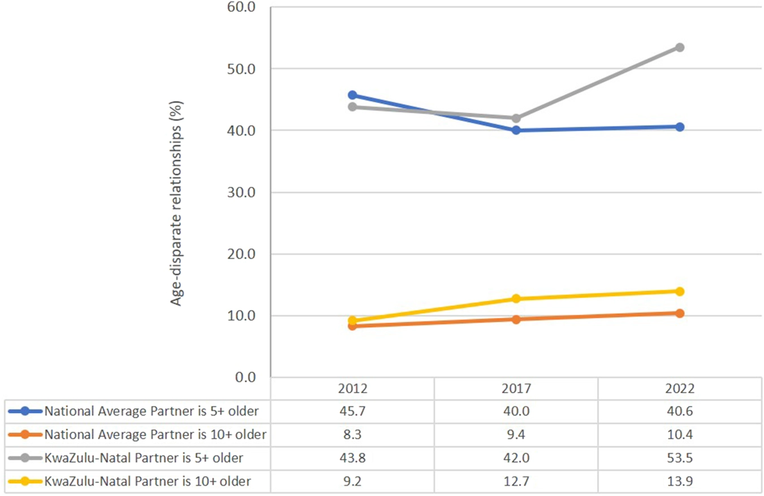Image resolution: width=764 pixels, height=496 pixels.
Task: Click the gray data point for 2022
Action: tap(679, 47)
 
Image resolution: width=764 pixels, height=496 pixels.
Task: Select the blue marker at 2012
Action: tap(352, 95)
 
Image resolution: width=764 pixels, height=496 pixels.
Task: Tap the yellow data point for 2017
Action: tap(516, 298)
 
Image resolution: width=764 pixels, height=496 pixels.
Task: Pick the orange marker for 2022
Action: tap(679, 313)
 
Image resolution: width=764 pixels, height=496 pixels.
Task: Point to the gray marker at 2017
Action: tap(516, 118)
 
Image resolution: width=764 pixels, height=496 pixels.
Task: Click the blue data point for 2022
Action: tap(679, 127)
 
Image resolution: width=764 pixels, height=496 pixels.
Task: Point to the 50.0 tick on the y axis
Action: tap(241, 69)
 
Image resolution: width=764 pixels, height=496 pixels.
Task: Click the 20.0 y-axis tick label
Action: tap(241, 254)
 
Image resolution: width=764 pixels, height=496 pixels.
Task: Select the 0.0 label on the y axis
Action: tap(245, 377)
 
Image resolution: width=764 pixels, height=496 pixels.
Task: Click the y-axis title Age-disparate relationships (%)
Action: tap(176, 203)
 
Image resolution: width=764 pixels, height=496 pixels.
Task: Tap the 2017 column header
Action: tap(516, 388)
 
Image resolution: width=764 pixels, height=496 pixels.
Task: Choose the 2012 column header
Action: tap(352, 388)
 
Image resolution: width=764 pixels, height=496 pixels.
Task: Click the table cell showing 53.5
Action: tap(679, 457)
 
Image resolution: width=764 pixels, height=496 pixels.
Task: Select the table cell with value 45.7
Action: tap(352, 411)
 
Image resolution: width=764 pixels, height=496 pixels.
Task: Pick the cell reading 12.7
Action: tap(516, 481)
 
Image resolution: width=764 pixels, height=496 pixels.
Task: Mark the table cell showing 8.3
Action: tap(352, 434)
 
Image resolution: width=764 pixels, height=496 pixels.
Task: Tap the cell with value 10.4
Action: tap(679, 434)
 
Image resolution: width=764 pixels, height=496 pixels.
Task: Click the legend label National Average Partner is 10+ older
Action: tap(155, 434)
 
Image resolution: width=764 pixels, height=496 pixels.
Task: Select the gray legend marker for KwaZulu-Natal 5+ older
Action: tap(25, 457)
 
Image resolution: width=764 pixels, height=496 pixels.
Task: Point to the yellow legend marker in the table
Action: tap(25, 481)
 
